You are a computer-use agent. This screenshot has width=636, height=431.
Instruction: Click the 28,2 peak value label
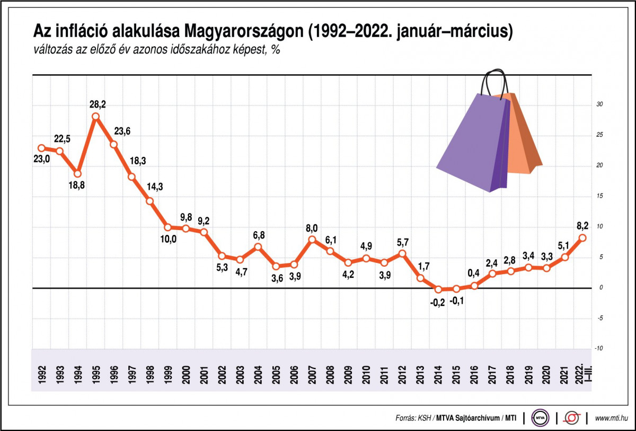[x=98, y=104]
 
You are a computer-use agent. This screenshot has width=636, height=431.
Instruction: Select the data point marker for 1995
[x=95, y=117]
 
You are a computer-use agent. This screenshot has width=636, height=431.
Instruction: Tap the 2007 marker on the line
[x=312, y=240]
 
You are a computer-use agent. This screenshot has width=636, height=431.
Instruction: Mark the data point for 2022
[x=582, y=238]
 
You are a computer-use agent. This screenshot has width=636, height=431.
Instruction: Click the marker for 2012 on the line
[x=402, y=253]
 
